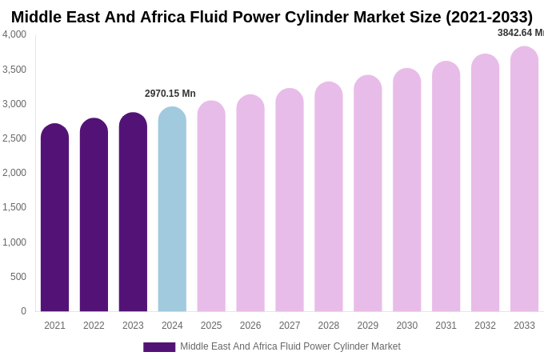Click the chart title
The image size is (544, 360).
click(272, 17)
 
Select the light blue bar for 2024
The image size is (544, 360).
click(172, 210)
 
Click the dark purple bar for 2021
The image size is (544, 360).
click(54, 218)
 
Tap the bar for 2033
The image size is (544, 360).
click(524, 179)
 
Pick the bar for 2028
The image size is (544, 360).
click(329, 197)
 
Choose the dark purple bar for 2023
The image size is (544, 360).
click(133, 212)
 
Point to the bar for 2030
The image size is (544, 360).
click(406, 190)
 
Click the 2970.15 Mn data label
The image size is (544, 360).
click(170, 94)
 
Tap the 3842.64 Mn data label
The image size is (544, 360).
click(520, 33)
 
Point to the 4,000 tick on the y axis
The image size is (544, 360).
click(14, 34)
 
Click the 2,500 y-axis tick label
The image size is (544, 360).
click(14, 138)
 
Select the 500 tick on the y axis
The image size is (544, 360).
click(18, 277)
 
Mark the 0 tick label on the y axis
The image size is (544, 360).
click(23, 311)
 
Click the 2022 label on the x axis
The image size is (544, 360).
click(94, 326)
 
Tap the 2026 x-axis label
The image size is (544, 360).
click(250, 326)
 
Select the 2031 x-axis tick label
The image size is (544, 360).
click(446, 326)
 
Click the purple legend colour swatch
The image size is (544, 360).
click(159, 347)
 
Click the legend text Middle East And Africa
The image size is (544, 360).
click(290, 346)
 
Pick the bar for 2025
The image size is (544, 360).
click(211, 206)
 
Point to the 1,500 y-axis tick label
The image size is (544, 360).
click(14, 207)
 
